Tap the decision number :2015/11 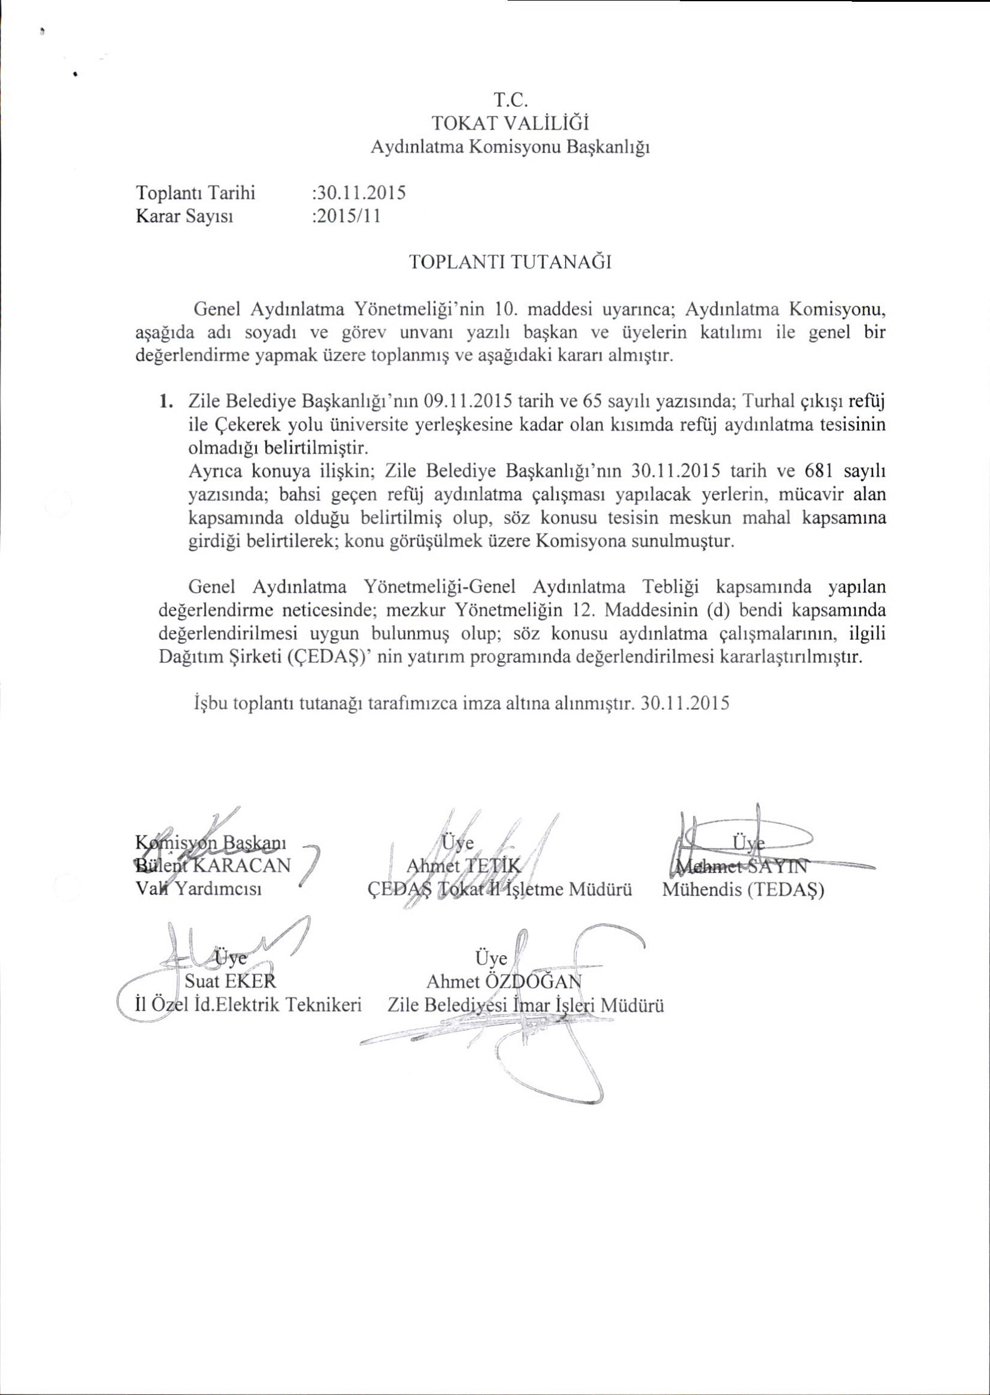(345, 216)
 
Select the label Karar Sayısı (184, 216)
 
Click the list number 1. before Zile (165, 401)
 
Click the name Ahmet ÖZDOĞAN (503, 981)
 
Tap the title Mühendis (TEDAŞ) (743, 890)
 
